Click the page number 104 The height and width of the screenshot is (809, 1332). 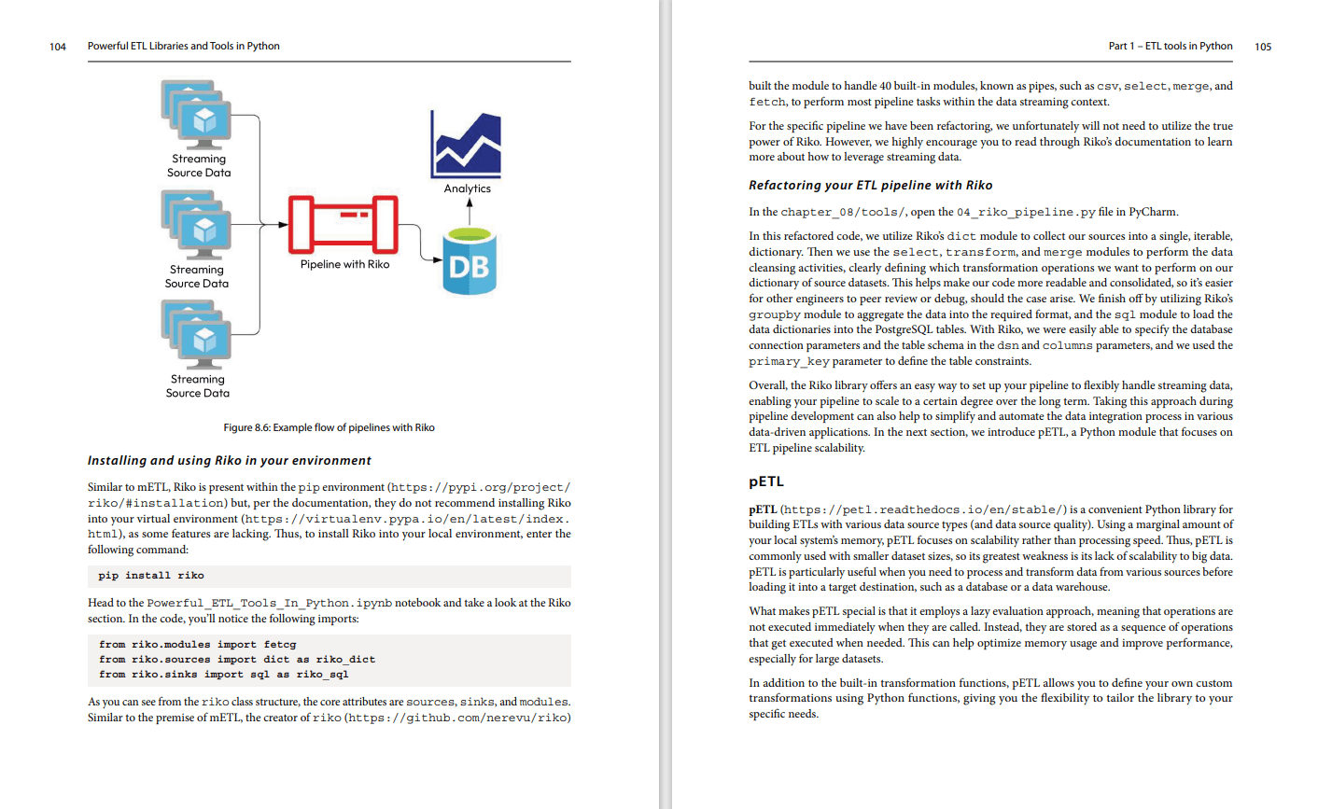[58, 47]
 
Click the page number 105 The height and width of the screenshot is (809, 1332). [1263, 47]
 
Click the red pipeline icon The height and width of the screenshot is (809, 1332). [344, 225]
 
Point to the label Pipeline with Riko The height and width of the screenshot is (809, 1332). [344, 264]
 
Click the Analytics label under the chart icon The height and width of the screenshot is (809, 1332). [467, 188]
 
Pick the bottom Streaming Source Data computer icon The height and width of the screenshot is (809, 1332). [197, 333]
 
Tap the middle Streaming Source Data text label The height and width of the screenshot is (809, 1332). [197, 276]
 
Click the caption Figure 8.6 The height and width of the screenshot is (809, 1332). [329, 427]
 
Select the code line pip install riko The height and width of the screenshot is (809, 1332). [151, 576]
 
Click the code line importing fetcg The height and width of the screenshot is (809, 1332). [197, 644]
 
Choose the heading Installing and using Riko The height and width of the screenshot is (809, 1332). [229, 461]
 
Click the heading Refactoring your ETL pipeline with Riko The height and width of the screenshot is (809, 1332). [870, 186]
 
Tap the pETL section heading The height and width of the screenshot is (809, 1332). [765, 481]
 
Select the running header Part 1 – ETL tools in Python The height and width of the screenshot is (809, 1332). [1170, 46]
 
